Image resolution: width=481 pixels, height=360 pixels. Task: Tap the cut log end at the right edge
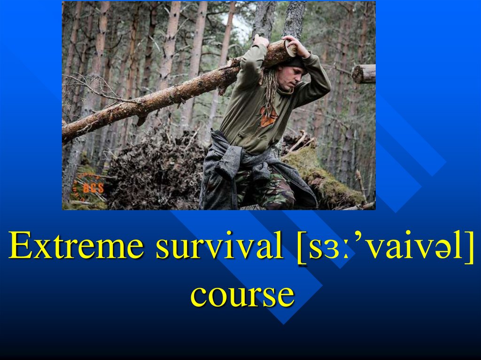click(x=364, y=74)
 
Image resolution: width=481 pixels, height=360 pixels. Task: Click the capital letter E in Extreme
click(x=21, y=245)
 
